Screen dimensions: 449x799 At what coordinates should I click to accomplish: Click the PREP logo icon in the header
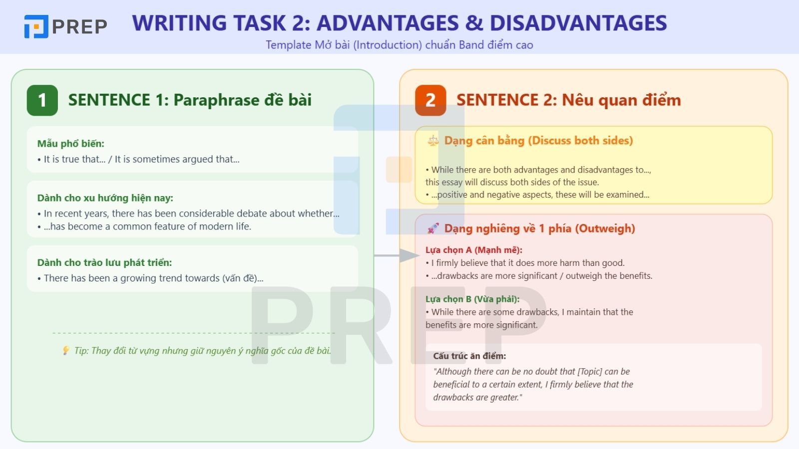36,26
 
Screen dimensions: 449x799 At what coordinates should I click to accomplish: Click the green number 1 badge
42,100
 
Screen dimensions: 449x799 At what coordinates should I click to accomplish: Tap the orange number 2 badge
430,100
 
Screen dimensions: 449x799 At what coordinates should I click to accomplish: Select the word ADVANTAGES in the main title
388,23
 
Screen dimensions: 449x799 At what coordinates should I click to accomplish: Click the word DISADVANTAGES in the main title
578,23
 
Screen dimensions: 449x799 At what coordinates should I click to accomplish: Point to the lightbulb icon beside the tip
65,351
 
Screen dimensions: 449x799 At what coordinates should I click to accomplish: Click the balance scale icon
432,141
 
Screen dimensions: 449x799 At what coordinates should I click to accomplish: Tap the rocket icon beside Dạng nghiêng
433,228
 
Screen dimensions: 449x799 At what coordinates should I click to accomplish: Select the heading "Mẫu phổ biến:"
71,144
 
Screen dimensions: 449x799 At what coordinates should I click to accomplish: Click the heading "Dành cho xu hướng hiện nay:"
105,198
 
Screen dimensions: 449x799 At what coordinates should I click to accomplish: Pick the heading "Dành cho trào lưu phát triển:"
104,262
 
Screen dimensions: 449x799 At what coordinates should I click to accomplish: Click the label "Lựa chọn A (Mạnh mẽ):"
474,250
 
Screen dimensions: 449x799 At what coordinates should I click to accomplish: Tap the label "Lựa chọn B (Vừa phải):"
472,299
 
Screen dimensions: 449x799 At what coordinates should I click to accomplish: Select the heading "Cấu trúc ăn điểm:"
469,356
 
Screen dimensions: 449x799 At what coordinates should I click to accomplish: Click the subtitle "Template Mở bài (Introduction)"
344,45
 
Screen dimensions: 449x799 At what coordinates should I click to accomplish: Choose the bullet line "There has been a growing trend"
153,278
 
